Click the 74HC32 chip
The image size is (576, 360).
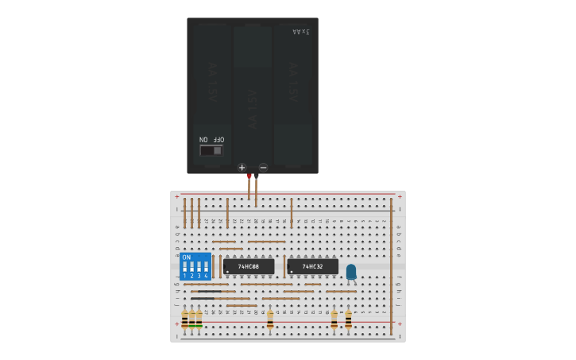tap(312, 266)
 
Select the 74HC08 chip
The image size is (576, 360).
tap(248, 266)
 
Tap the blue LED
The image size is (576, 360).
tap(350, 272)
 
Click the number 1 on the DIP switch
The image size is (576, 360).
tap(184, 276)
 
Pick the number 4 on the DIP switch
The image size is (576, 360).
tap(206, 276)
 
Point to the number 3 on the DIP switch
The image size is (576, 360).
tap(199, 276)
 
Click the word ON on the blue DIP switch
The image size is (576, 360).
tap(186, 257)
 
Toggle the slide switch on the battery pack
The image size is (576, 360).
tap(211, 150)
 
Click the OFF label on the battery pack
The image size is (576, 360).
tap(218, 140)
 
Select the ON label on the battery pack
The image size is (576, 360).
tap(203, 140)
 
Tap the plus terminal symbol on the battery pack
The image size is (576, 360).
tap(242, 168)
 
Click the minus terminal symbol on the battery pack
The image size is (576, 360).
tap(263, 168)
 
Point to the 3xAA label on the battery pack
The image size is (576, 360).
tap(301, 32)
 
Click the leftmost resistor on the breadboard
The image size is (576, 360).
tap(184, 319)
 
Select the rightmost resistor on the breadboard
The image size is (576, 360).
tap(348, 319)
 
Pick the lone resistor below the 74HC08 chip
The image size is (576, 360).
tap(270, 319)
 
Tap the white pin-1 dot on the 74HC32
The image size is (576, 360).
tap(292, 272)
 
